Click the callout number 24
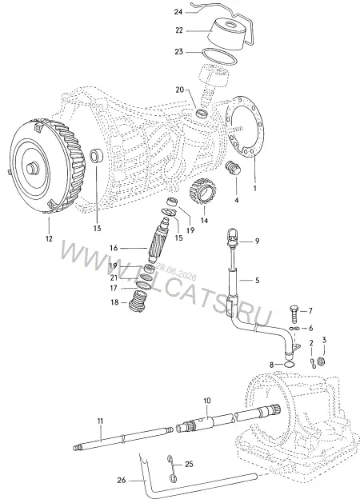[178, 12]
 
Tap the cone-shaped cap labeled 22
[228, 34]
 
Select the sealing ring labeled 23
[220, 58]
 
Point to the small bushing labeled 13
[96, 155]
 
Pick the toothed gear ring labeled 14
[202, 193]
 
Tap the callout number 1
[254, 188]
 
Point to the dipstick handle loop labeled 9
[231, 236]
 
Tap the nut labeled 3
[322, 361]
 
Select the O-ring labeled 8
[289, 364]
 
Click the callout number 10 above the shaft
[207, 401]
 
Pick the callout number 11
[100, 421]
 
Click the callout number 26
[122, 480]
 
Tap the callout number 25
[189, 464]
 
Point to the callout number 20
[180, 90]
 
